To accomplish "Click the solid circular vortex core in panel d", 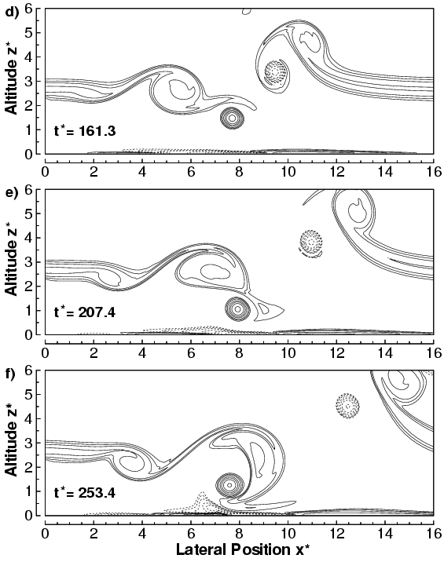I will [232, 118].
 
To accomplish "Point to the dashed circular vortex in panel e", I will [311, 242].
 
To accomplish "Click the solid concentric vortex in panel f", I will [229, 484].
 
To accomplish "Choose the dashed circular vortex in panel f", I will [348, 405].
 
